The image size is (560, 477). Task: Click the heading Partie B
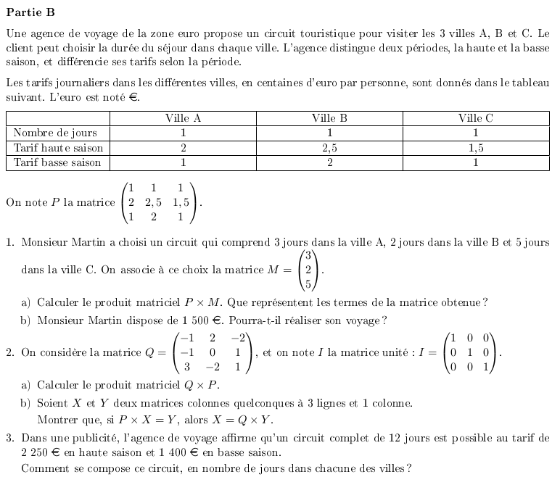(x=30, y=12)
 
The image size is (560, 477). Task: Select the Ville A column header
(x=183, y=118)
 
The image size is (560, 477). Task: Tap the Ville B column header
(x=329, y=118)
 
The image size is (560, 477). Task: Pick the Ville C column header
(x=475, y=118)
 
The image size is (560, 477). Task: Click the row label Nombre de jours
(x=55, y=133)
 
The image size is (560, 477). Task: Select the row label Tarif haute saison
(x=59, y=148)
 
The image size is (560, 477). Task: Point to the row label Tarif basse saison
(x=58, y=162)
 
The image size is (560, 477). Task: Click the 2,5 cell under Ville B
(x=329, y=148)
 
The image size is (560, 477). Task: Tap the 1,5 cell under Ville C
(x=475, y=148)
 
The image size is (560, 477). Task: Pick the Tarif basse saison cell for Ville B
(x=329, y=162)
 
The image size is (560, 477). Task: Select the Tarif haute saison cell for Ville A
(x=183, y=148)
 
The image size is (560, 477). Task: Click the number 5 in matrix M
(x=308, y=284)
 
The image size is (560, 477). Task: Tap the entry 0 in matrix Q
(x=213, y=352)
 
